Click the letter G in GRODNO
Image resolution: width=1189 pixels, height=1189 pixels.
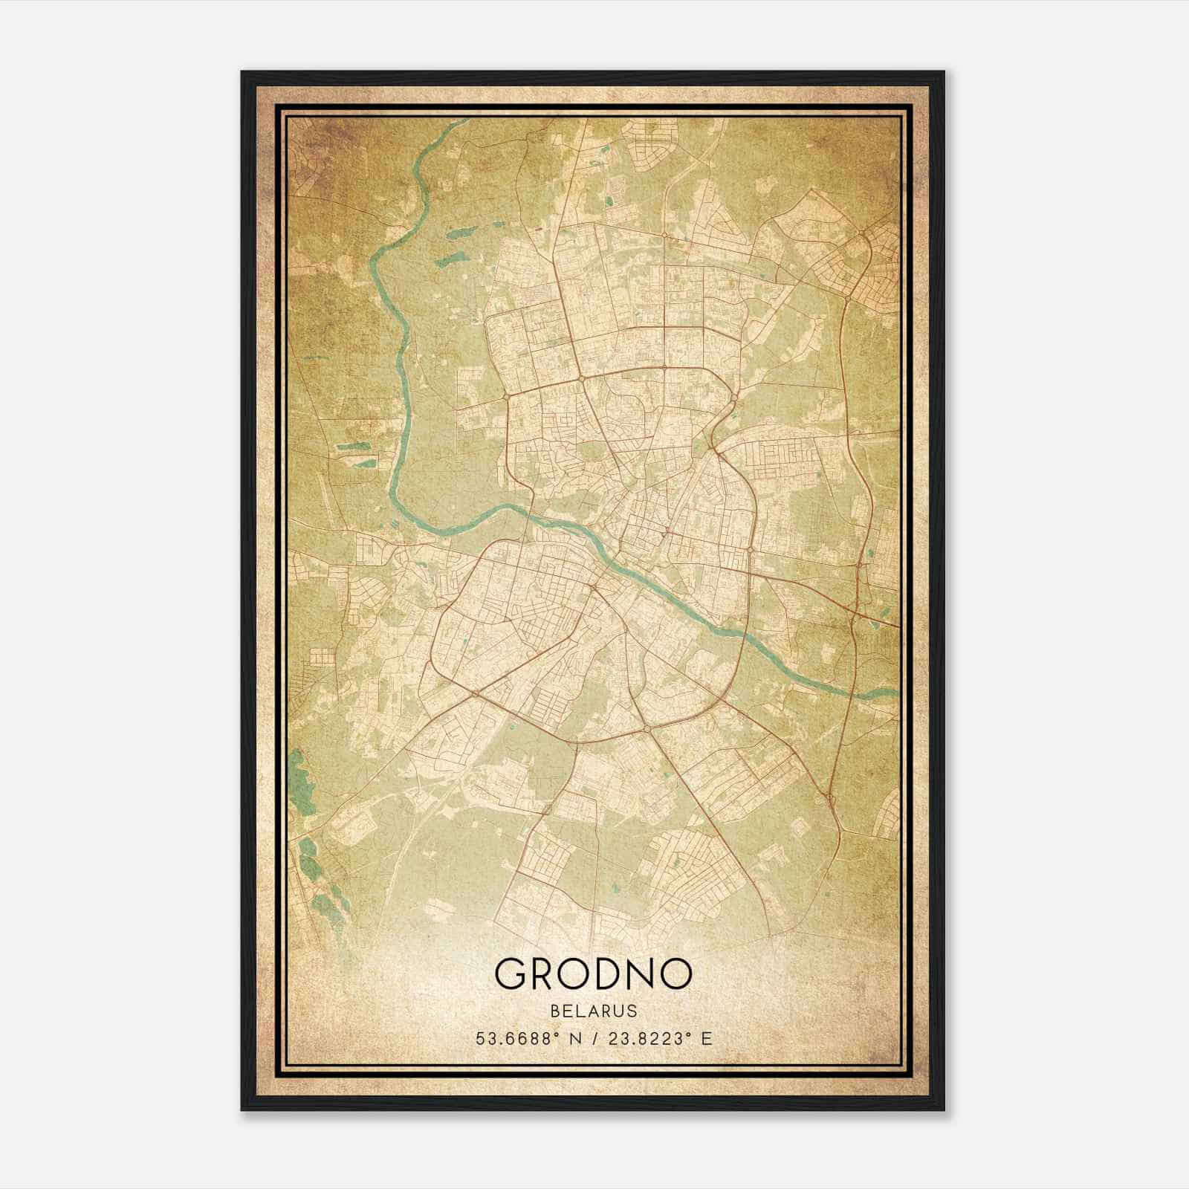(x=511, y=973)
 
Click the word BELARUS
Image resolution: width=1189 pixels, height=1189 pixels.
(x=594, y=1011)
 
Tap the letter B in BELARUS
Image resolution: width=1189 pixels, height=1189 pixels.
(x=555, y=1011)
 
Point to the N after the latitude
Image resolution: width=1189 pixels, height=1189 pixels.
(x=574, y=1038)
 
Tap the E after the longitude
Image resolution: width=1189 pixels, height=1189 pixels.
(x=706, y=1038)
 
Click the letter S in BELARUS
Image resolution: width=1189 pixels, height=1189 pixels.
(x=632, y=1011)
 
